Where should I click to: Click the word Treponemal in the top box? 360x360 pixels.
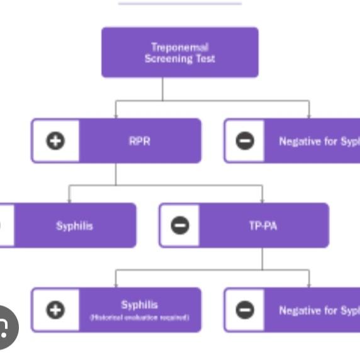(x=179, y=47)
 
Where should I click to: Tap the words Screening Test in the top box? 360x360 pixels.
(x=179, y=59)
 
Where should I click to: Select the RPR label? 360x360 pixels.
(x=139, y=141)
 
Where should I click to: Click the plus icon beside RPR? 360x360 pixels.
(x=55, y=141)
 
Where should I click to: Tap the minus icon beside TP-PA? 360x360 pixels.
(x=179, y=225)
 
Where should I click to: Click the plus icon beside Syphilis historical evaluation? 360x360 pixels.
(x=55, y=310)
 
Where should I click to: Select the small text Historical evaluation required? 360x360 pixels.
(x=139, y=318)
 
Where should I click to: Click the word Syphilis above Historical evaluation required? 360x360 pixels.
(x=139, y=305)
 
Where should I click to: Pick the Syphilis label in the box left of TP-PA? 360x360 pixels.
(x=74, y=226)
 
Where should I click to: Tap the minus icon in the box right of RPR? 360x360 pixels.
(x=245, y=141)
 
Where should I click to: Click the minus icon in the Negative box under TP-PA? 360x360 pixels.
(x=245, y=310)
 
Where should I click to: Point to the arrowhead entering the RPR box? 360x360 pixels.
(x=116, y=116)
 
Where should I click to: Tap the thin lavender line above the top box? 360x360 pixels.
(x=179, y=3)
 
